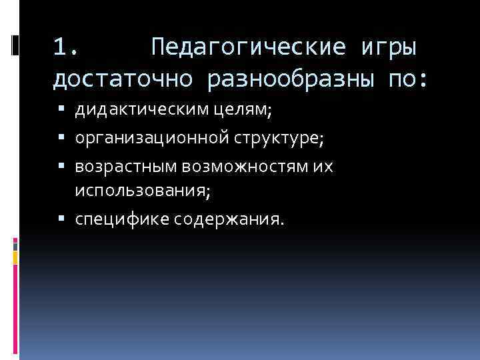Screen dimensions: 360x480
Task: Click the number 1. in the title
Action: pos(66,48)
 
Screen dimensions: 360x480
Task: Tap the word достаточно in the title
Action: pos(123,81)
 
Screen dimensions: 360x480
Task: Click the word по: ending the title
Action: pos(411,81)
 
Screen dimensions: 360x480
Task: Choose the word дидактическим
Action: pos(133,111)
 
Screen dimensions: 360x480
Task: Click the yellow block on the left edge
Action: pos(15,256)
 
